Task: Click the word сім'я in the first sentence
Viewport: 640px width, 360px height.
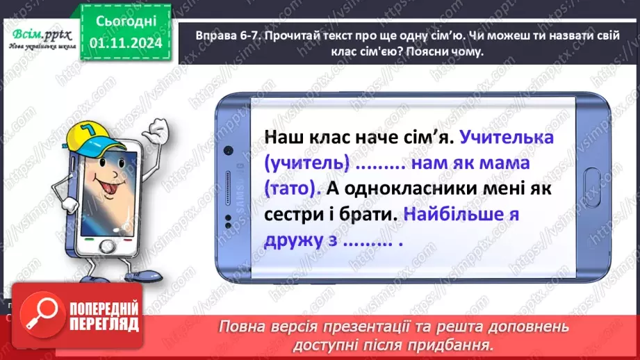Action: [420, 138]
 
